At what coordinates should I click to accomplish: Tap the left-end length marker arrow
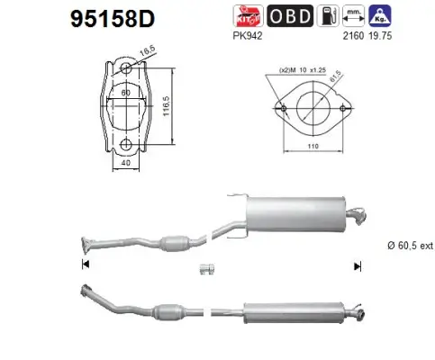pyautogui.click(x=85, y=265)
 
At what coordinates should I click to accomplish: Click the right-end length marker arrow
pyautogui.click(x=358, y=265)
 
